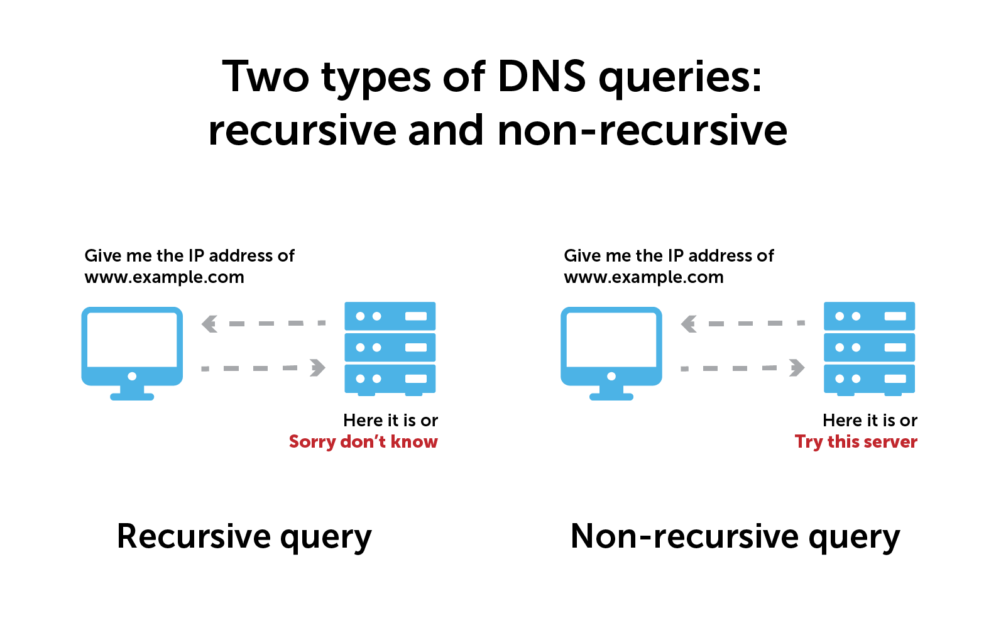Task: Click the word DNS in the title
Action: (541, 77)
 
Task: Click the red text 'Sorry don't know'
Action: (363, 441)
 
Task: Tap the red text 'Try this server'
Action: (856, 441)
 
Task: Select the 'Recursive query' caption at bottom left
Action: (244, 538)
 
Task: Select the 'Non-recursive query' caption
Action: (735, 538)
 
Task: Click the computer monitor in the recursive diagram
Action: (132, 343)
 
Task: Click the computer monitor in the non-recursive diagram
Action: (611, 343)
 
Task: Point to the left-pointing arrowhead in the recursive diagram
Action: (209, 324)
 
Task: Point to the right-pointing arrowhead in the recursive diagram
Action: (318, 368)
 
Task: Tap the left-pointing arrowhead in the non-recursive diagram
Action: (689, 324)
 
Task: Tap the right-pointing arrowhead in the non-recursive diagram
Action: (797, 368)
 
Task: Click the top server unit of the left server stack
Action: (390, 316)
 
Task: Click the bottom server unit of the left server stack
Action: (390, 379)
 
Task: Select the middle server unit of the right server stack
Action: (870, 347)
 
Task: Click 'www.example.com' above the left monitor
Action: (164, 277)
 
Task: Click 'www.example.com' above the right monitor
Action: (643, 277)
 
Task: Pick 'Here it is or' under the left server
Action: (390, 420)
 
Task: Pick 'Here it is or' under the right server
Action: (870, 420)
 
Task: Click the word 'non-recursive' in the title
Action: (642, 131)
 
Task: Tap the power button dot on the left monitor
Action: (132, 376)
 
